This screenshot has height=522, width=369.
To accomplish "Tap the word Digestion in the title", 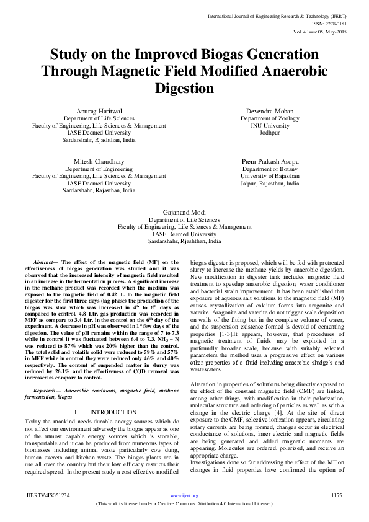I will pyautogui.click(x=184, y=88).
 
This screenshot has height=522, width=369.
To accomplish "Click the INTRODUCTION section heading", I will pyautogui.click(x=113, y=412).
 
